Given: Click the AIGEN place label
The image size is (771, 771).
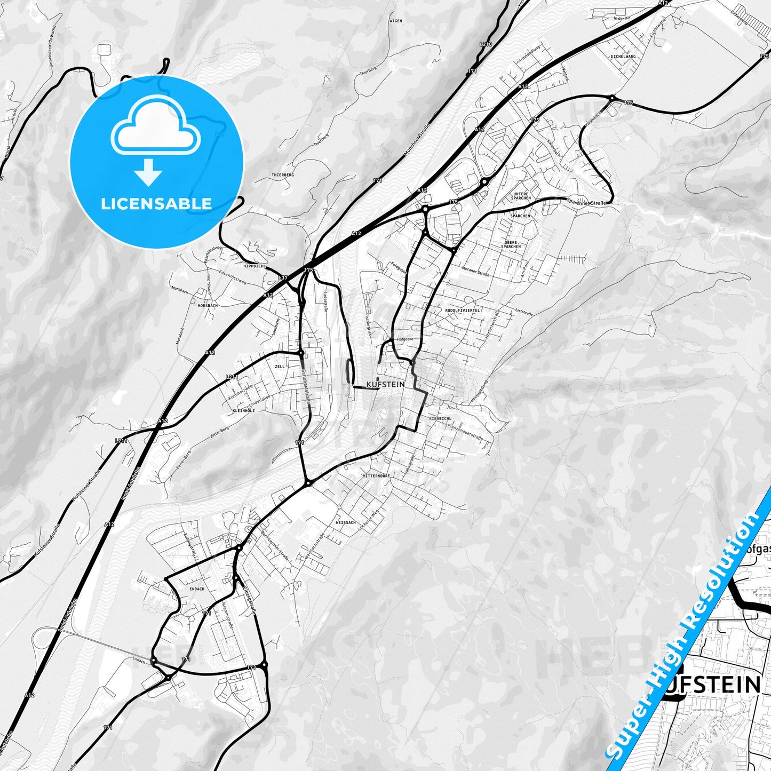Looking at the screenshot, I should click(395, 21).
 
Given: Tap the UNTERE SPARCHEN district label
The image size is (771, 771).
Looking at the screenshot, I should click(521, 196).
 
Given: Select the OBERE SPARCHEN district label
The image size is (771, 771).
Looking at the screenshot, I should click(511, 244).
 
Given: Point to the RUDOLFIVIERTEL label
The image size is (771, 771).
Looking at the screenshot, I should click(462, 310).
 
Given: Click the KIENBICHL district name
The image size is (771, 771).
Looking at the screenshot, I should click(440, 419).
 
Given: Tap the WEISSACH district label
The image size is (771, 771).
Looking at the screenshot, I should click(346, 522).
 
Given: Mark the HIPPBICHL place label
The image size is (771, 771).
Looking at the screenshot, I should click(254, 266).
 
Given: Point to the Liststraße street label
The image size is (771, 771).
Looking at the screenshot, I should click(524, 312).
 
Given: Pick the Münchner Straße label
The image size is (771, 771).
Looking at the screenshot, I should click(417, 140).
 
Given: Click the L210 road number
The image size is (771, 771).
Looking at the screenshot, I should click(486, 44).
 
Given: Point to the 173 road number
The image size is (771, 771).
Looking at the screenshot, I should click(252, 667).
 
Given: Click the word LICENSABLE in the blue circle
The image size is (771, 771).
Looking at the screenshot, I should click(156, 203).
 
